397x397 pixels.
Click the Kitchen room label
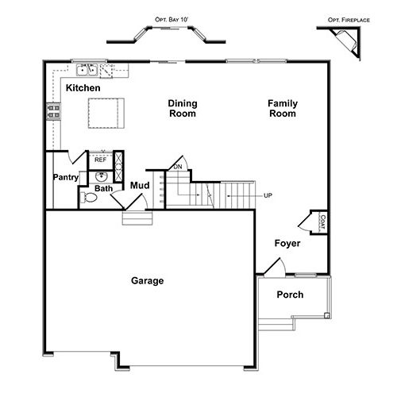pos(83,88)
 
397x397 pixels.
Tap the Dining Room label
pos(183,108)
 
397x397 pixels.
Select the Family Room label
pos(283,108)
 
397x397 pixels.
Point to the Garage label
pos(148,281)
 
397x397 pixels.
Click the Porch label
pos(290,295)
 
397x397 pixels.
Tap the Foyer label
pos(287,244)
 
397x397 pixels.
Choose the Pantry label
pos(66,177)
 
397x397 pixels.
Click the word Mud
pos(140,185)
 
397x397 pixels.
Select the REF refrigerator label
pos(100,160)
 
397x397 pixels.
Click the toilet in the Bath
pos(89,198)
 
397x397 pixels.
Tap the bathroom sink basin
pos(101,176)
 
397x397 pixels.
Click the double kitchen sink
pos(87,70)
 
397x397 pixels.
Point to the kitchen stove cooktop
pos(53,111)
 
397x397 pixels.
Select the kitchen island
pos(106,114)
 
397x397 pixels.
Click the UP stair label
pos(268,195)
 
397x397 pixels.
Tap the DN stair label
pos(178,167)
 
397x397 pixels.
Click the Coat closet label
pos(322,222)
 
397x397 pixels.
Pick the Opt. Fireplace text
pos(349,20)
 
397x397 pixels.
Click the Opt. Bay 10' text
pos(172,20)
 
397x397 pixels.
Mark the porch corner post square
pos(327,315)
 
